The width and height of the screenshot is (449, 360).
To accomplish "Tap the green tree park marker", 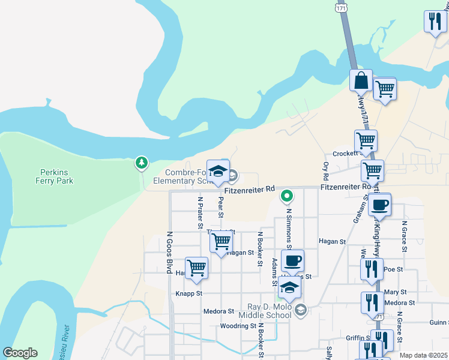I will point(141,162).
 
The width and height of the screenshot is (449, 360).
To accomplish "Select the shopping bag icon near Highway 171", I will point(362,79).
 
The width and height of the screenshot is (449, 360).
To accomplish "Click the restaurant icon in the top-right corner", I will point(434,22).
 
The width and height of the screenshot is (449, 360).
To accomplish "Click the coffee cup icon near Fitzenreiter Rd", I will point(379,205).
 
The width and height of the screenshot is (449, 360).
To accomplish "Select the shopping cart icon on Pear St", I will point(221,242).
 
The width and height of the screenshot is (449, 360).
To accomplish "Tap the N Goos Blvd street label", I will point(169,253).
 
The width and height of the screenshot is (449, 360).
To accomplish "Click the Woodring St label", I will point(238,326).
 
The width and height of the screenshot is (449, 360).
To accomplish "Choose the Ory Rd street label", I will point(326,170).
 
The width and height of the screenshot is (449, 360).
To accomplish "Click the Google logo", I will point(20,353).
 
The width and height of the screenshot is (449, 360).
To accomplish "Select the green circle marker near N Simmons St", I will point(288,195).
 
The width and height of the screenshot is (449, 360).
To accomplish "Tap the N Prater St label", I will point(200,212).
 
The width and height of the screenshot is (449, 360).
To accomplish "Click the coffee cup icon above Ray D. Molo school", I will point(292,261).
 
